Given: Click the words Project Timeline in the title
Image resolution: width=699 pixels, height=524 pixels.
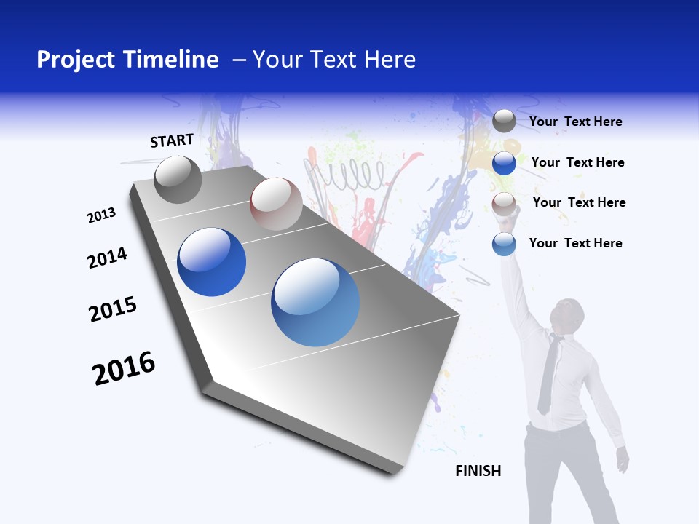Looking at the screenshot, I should tap(127, 60).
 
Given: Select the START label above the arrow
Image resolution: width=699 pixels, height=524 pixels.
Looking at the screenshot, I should tap(172, 140).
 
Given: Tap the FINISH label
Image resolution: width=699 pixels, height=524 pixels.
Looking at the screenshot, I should tap(478, 471).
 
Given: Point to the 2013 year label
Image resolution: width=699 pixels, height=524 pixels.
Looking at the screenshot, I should tap(102, 215).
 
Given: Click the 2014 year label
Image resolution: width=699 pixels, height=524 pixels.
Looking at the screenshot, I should tap(107, 258).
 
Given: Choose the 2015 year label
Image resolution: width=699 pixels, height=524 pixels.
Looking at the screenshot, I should tap(113, 309).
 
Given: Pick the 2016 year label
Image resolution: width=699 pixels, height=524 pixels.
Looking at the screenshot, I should tap(124, 368).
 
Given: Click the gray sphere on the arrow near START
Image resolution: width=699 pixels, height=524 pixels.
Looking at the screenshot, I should tap(178, 179).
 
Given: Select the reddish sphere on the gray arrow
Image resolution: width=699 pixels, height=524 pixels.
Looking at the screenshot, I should tap(276, 204).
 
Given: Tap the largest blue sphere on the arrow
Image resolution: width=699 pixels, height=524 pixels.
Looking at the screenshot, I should tap(315, 302).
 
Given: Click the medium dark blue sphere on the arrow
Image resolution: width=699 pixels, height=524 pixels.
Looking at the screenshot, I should tap(212, 262).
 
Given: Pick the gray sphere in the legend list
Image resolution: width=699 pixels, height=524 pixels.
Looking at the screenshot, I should tap(504, 122).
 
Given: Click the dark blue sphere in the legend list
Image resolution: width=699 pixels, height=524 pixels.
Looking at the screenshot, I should tap(504, 163).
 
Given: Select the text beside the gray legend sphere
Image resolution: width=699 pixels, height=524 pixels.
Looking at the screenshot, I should tap(575, 122).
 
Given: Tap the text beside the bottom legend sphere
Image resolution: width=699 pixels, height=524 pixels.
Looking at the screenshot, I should tap(575, 243).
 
